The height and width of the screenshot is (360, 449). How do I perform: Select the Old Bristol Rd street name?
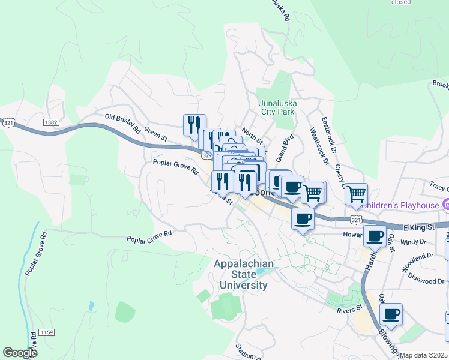click(x=122, y=122)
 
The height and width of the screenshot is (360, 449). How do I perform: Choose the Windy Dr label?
click(x=413, y=242)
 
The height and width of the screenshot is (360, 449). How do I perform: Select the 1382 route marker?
click(x=51, y=122)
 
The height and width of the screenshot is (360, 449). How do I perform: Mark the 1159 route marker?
click(x=46, y=332)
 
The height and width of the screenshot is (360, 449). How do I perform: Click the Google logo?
click(x=20, y=353)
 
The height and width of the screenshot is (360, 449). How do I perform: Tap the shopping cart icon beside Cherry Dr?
click(x=357, y=193)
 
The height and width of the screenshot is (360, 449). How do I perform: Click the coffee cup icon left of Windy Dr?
click(x=375, y=236)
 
